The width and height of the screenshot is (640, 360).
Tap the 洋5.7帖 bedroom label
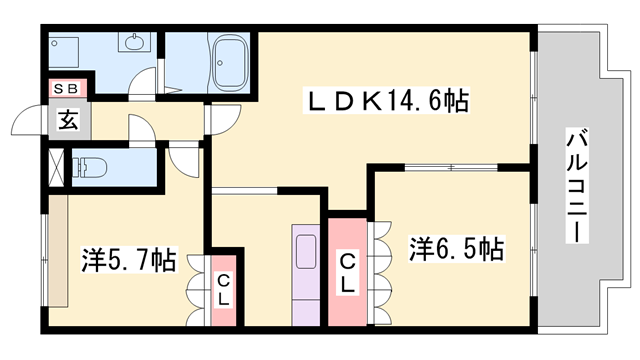coord(128,262)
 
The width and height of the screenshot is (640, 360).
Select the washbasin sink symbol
coord(134,44)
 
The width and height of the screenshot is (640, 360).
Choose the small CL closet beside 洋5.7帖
coord(224,290)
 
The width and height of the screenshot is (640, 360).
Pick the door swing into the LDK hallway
coord(220,118)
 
